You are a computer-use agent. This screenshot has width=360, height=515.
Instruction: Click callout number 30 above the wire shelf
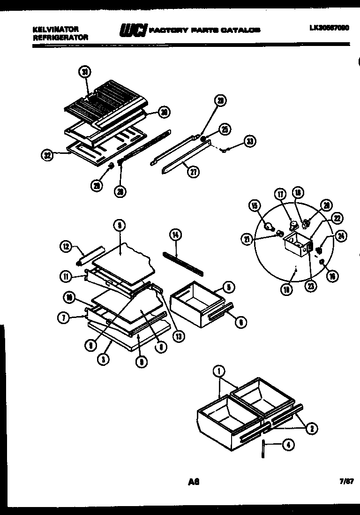(85, 72)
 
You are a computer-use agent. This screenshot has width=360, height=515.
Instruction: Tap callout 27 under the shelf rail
(193, 172)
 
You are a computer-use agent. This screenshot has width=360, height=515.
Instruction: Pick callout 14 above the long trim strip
(176, 235)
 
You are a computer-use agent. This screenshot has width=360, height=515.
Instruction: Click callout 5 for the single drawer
(229, 287)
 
